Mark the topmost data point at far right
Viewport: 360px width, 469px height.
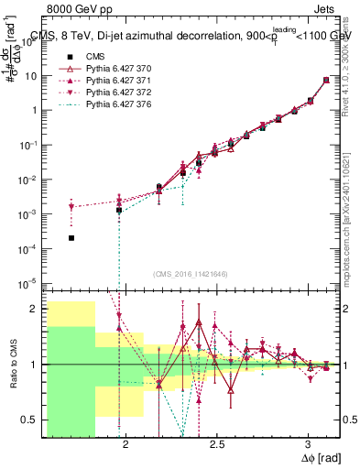[327, 80]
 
